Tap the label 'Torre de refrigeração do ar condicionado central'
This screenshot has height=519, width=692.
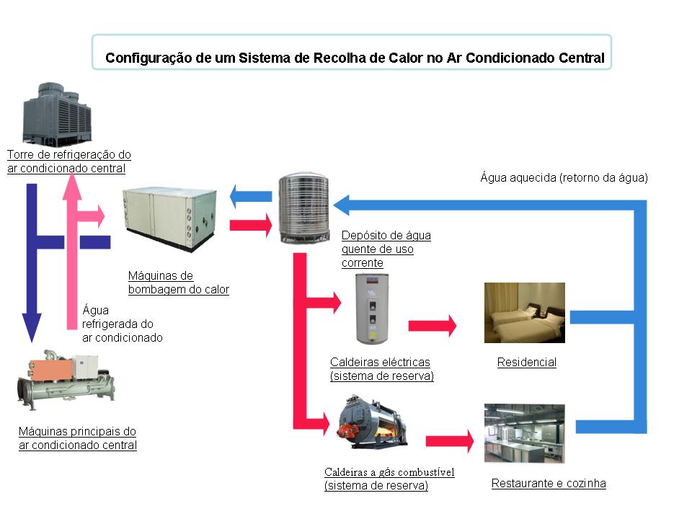[68, 161]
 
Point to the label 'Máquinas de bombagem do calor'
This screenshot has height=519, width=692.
[178, 283]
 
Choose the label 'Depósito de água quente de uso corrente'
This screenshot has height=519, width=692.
[386, 249]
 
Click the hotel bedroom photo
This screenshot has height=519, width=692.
[524, 312]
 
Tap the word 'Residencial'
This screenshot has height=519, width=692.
[527, 363]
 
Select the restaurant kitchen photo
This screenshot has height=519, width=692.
[524, 432]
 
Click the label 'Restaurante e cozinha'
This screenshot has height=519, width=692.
[549, 484]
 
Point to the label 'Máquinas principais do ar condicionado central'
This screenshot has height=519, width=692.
[77, 438]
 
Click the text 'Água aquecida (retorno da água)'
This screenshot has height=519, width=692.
[564, 177]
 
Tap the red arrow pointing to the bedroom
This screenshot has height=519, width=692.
[432, 326]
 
